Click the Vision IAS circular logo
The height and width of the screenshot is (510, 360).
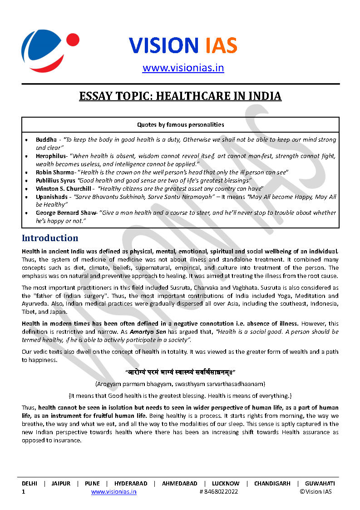(49, 47)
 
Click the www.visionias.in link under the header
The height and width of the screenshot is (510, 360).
(183, 68)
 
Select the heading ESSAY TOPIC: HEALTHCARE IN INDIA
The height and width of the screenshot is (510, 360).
(180, 96)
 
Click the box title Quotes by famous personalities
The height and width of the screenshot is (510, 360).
(180, 124)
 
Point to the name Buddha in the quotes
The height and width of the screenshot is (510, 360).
(46, 140)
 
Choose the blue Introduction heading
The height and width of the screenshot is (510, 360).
(50, 238)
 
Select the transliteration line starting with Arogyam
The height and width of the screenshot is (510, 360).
(180, 384)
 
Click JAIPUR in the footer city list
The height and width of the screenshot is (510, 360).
(61, 484)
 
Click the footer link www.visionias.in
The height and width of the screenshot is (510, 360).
(113, 491)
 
